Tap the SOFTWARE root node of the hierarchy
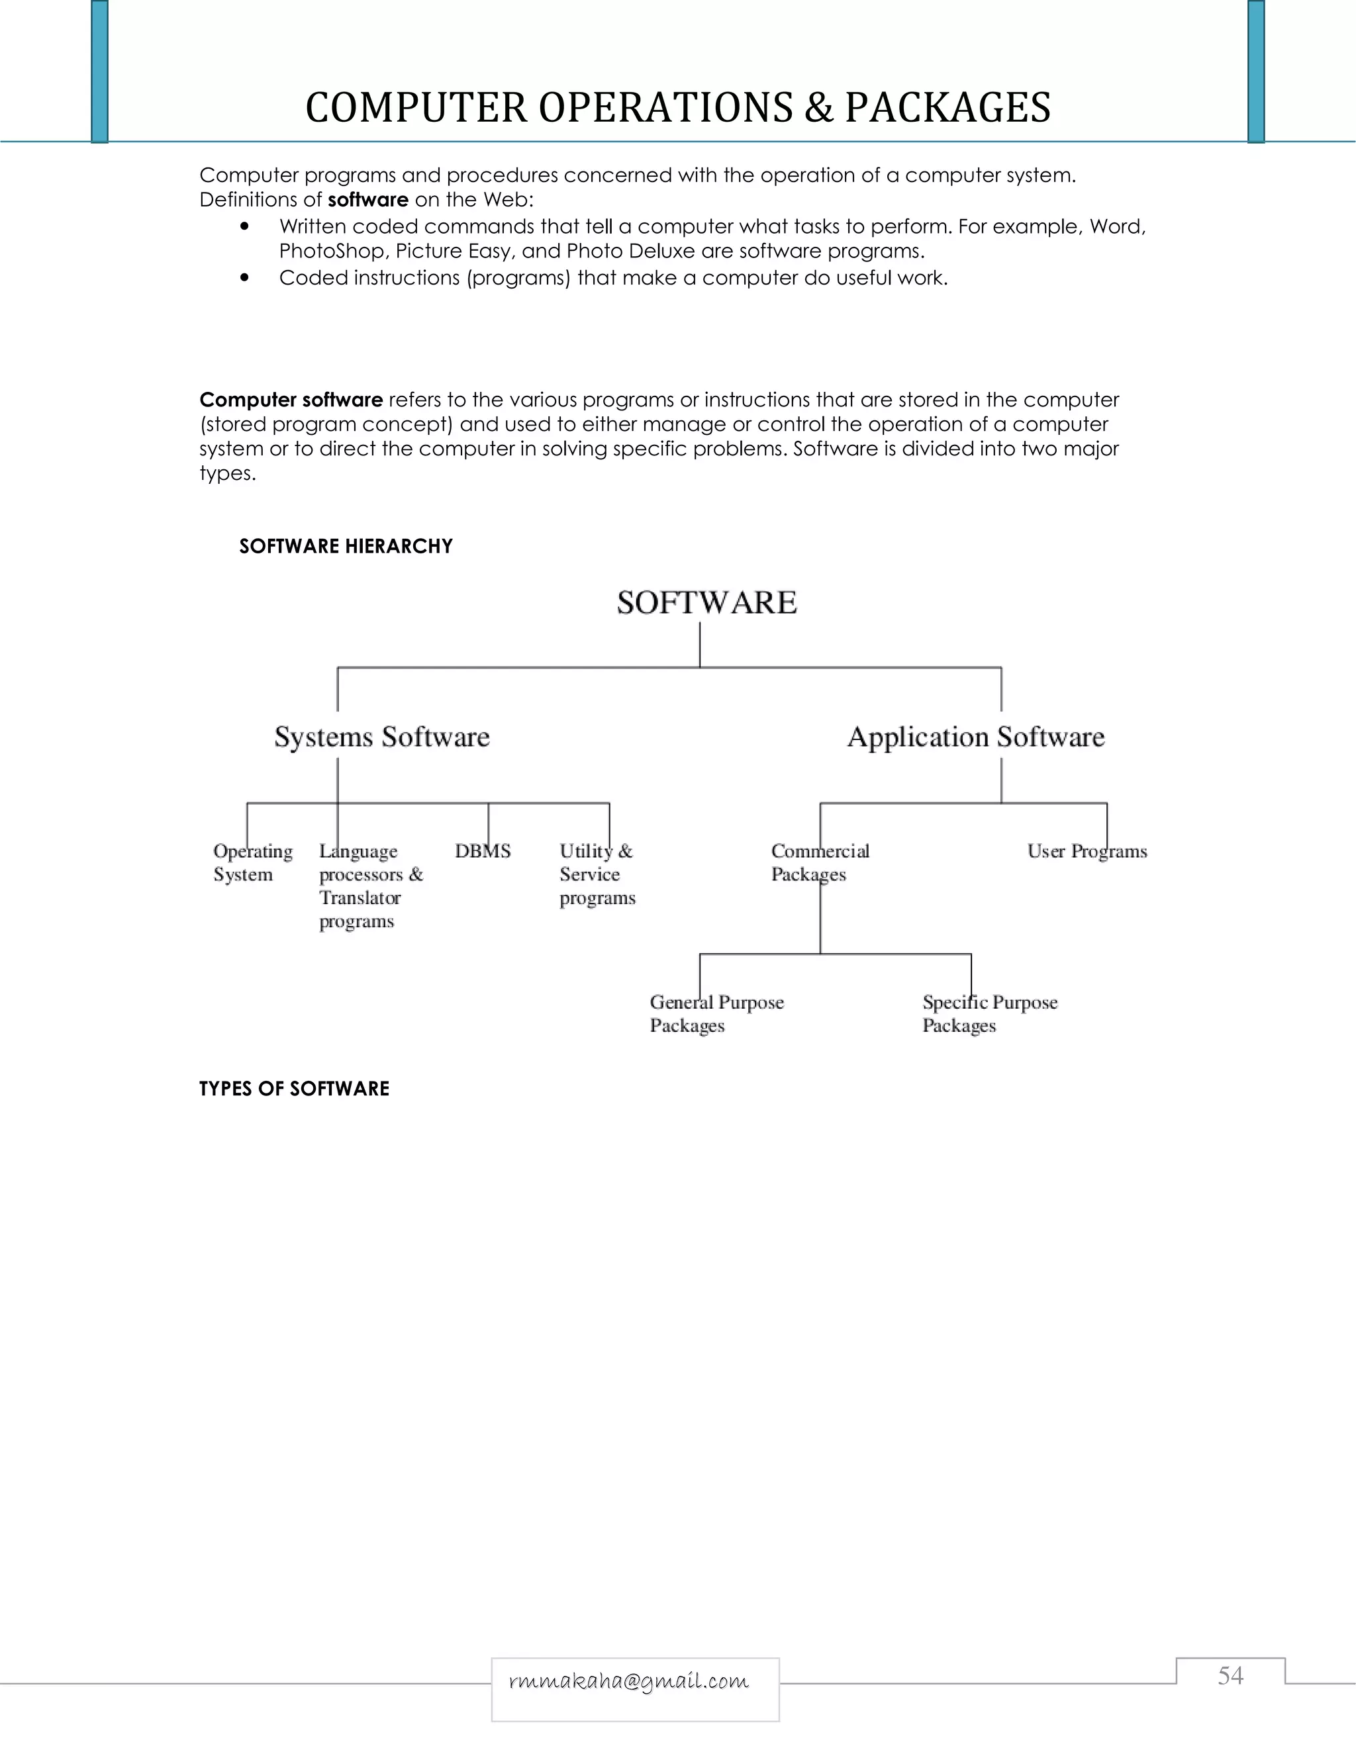[706, 603]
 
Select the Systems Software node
[381, 737]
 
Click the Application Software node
[975, 737]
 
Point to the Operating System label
[252, 862]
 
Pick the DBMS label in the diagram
[482, 851]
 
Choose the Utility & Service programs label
[597, 874]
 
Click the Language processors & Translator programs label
[369, 886]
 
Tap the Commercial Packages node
[820, 862]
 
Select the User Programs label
[1087, 851]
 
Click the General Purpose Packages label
[716, 1013]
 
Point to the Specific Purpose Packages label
[989, 1013]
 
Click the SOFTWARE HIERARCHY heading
[346, 546]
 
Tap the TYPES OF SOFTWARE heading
[294, 1088]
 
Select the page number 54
[1230, 1675]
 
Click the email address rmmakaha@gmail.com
[628, 1681]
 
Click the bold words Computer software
[291, 400]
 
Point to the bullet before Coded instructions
[244, 278]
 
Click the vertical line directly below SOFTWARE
[700, 645]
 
